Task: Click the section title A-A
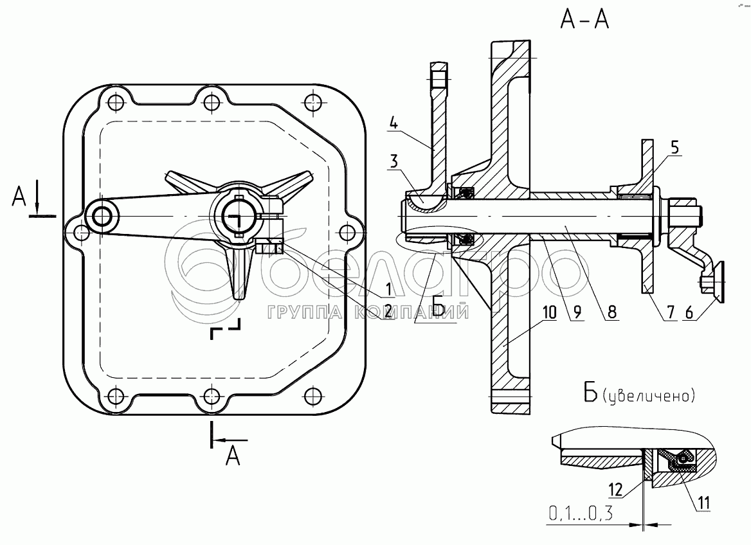584,20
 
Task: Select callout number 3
394,161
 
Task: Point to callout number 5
674,148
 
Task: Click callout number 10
550,312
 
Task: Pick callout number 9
577,312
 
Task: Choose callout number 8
611,312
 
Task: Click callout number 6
689,312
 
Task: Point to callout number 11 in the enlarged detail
703,503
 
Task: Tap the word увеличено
649,396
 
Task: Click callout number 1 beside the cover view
388,289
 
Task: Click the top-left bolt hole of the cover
114,102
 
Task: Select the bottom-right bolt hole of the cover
312,396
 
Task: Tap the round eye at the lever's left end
102,217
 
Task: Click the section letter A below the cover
233,455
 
